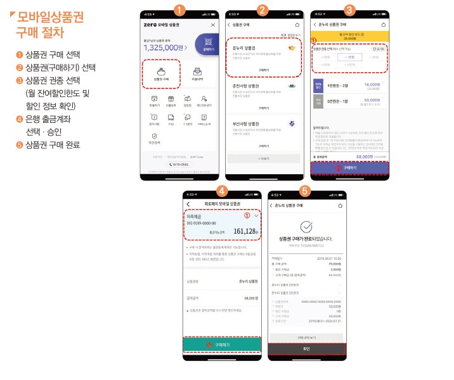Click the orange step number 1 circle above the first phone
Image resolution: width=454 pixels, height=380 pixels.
[x=179, y=9]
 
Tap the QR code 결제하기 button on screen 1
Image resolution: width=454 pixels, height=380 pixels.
[x=207, y=46]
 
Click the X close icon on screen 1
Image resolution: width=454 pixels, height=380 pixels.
[x=212, y=24]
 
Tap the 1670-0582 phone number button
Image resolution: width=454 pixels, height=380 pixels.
[x=179, y=164]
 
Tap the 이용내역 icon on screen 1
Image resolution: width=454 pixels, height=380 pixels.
[x=197, y=73]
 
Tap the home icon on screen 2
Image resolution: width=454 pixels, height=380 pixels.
[x=297, y=24]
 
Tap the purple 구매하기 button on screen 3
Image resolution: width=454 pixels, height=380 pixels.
[x=349, y=168]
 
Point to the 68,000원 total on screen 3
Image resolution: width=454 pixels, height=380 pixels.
[x=364, y=156]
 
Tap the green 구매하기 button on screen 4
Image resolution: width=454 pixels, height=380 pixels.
[x=222, y=344]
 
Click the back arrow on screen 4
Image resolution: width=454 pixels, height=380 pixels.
[x=188, y=203]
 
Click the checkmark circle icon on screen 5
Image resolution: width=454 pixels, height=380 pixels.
[x=306, y=227]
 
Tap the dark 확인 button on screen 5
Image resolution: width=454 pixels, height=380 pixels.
[x=306, y=348]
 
